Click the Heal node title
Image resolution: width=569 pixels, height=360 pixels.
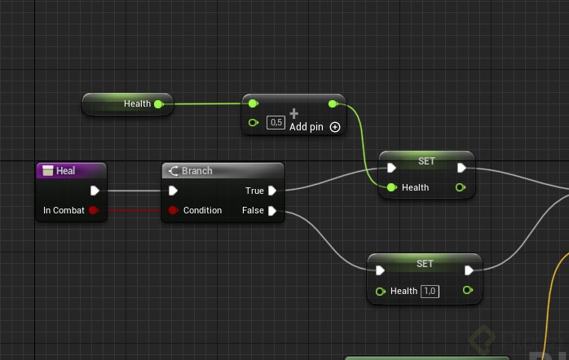(x=65, y=171)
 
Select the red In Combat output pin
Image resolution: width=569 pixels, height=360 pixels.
(x=93, y=210)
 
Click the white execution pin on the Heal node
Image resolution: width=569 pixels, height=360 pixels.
(x=95, y=191)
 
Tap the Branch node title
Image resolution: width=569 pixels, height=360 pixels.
(x=196, y=171)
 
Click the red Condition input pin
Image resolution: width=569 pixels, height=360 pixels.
(x=173, y=210)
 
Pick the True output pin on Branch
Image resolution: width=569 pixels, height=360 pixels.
(x=272, y=191)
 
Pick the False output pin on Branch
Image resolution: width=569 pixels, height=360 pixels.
(x=272, y=210)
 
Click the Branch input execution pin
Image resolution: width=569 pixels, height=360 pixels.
(x=173, y=191)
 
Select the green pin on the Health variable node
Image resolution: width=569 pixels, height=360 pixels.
(x=158, y=104)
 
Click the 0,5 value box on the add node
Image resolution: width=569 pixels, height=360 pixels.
(x=276, y=123)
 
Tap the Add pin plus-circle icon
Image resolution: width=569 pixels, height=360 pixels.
(x=334, y=127)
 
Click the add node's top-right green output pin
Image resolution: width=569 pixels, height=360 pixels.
(x=332, y=104)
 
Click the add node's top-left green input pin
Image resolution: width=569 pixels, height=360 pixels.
(x=253, y=104)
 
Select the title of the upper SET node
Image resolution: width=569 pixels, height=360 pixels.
(x=426, y=160)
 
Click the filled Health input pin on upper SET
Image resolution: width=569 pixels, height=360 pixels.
(x=391, y=187)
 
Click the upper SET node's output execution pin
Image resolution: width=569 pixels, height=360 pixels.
(x=461, y=169)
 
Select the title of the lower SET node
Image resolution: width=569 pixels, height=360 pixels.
(x=425, y=263)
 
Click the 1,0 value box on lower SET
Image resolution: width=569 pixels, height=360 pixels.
(x=430, y=291)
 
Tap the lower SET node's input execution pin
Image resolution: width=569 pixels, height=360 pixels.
(x=380, y=271)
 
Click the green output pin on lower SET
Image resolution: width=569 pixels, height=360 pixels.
(x=467, y=290)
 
